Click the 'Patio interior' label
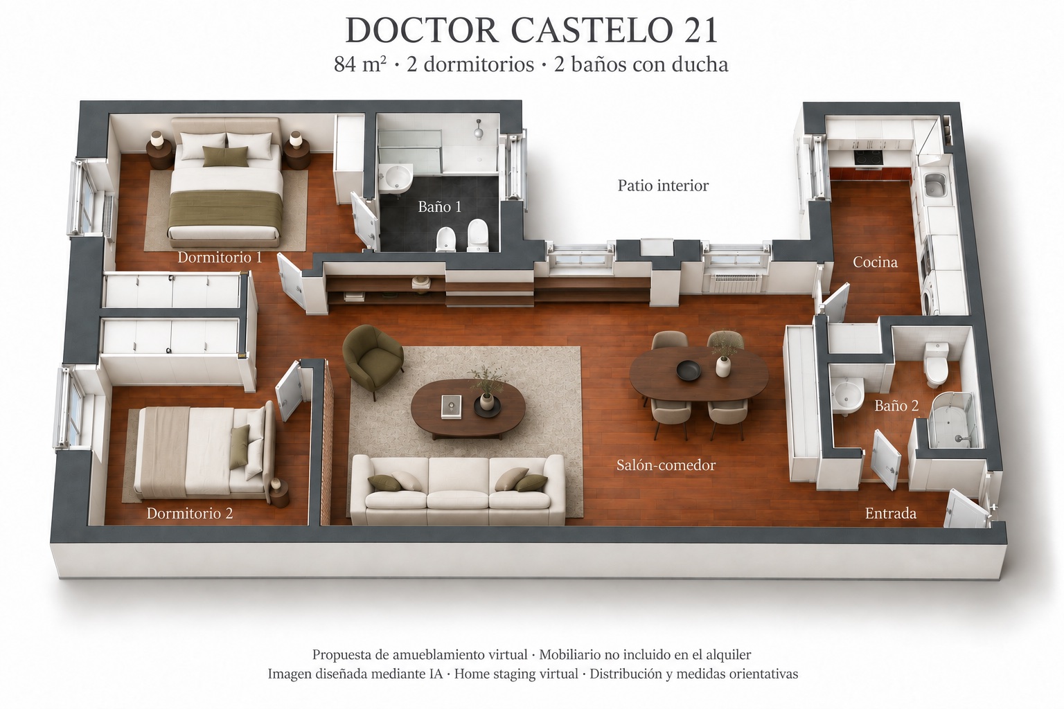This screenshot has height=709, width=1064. (663, 185)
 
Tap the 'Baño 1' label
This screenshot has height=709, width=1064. (439, 206)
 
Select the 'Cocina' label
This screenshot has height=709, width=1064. (875, 262)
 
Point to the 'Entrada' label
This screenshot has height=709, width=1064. (891, 513)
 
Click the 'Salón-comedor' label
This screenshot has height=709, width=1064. (666, 465)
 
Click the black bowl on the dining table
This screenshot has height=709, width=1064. (689, 370)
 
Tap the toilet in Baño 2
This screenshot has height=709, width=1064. (937, 365)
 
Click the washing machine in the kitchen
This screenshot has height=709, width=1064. (930, 298)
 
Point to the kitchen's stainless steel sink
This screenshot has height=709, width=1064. (935, 185)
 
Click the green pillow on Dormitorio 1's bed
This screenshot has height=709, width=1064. (226, 156)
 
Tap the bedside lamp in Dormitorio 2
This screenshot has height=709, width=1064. (276, 485)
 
